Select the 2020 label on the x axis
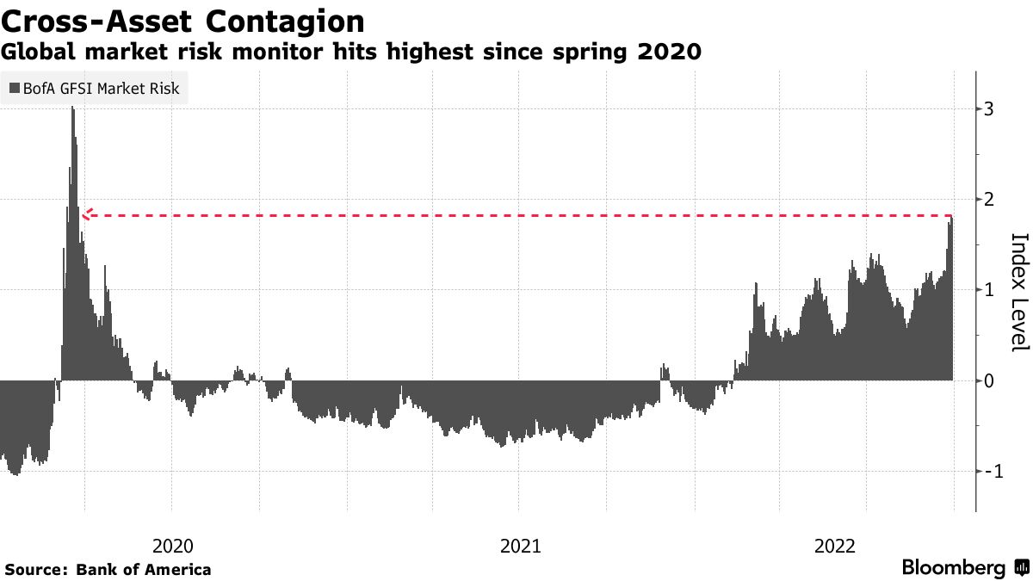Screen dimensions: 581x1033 [x=172, y=545]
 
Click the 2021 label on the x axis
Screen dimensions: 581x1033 [x=519, y=545]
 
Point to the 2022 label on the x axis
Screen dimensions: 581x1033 [x=834, y=545]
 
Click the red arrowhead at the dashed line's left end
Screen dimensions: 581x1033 [x=86, y=214]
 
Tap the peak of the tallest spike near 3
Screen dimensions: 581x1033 [x=72, y=108]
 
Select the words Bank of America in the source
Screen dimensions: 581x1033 [x=144, y=569]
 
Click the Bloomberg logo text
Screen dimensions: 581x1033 [x=953, y=568]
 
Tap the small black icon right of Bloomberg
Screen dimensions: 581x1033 [x=1022, y=568]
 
